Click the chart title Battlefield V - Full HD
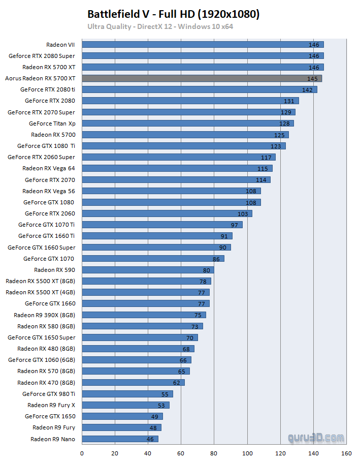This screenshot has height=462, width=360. (x=174, y=14)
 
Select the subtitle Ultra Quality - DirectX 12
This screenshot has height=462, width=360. (x=160, y=26)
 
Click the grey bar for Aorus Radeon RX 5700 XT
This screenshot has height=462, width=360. (x=202, y=78)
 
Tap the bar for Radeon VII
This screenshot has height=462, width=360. (x=203, y=45)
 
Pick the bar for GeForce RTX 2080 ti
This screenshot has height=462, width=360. (x=199, y=89)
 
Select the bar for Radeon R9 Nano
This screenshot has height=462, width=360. (x=120, y=439)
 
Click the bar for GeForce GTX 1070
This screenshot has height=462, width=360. (x=153, y=259)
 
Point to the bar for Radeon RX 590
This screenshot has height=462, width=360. (x=148, y=270)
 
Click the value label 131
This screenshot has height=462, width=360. (x=289, y=101)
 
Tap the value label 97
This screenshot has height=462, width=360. (x=234, y=225)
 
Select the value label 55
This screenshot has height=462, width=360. (x=165, y=394)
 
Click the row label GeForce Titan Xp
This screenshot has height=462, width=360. (x=52, y=124)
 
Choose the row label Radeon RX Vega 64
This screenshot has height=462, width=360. (x=48, y=168)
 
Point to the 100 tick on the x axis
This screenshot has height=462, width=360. (x=247, y=453)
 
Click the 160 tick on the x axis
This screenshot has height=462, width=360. (x=347, y=453)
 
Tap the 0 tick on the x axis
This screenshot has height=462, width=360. (x=82, y=453)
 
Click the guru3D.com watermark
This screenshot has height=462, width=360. (x=316, y=437)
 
